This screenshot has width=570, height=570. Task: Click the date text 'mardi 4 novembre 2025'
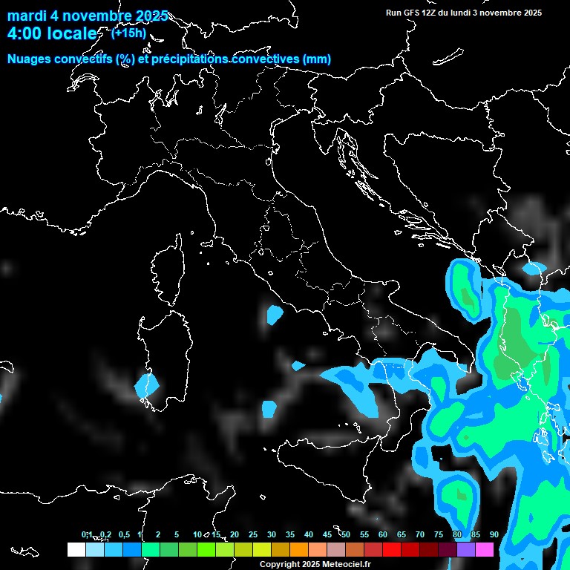pyautogui.click(x=88, y=16)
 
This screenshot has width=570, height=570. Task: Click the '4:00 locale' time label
pyautogui.click(x=52, y=33)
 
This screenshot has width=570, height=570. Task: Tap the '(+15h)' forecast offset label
pyautogui.click(x=128, y=33)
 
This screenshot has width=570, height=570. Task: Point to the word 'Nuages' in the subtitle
pyautogui.click(x=30, y=59)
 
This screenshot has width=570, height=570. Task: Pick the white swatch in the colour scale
pyautogui.click(x=76, y=549)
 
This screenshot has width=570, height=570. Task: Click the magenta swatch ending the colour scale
pyautogui.click(x=485, y=549)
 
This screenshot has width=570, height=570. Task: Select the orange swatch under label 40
pyautogui.click(x=299, y=549)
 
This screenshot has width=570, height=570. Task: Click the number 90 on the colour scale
pyautogui.click(x=494, y=534)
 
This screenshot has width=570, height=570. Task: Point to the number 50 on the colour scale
pyautogui.click(x=346, y=534)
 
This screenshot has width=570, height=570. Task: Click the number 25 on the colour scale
pyautogui.click(x=253, y=534)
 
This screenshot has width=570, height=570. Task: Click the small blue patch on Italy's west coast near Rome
pyautogui.click(x=275, y=315)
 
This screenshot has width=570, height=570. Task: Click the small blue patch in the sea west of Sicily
pyautogui.click(x=269, y=407)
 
